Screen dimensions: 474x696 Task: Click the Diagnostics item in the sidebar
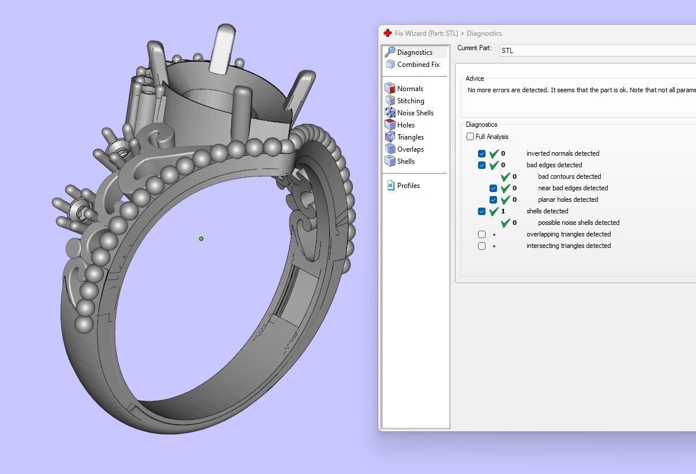point(415,52)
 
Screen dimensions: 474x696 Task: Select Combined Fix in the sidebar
point(418,65)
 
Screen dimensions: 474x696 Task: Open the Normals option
point(410,89)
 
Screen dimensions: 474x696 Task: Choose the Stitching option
point(411,101)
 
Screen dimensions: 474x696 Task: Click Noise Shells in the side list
point(415,113)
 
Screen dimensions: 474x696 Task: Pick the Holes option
point(405,125)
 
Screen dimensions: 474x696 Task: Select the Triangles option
point(410,137)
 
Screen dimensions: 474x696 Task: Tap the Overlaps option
point(410,149)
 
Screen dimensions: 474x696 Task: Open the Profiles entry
point(408,186)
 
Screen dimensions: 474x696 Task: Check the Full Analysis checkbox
point(471,137)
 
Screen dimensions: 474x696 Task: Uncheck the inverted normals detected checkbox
point(482,154)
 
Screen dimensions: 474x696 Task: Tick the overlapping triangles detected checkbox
point(482,235)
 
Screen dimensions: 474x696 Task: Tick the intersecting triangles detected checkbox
point(482,246)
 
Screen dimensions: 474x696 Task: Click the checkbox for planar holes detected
point(494,200)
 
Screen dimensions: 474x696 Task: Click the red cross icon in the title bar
point(387,33)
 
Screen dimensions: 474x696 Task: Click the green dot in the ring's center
point(201,239)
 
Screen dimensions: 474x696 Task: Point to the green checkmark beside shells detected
point(494,212)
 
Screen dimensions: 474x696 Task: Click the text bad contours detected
point(569,176)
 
